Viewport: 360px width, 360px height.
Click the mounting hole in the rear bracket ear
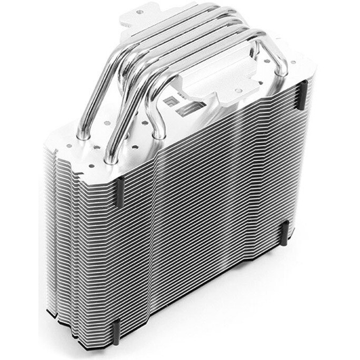pyautogui.click(x=140, y=12)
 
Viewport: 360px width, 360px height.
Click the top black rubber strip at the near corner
pyautogui.click(x=118, y=191)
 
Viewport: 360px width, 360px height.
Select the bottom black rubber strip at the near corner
pyautogui.click(x=116, y=332)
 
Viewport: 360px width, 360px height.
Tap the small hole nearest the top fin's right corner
pyautogui.click(x=293, y=62)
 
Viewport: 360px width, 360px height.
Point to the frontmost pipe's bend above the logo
pyautogui.click(x=168, y=79)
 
